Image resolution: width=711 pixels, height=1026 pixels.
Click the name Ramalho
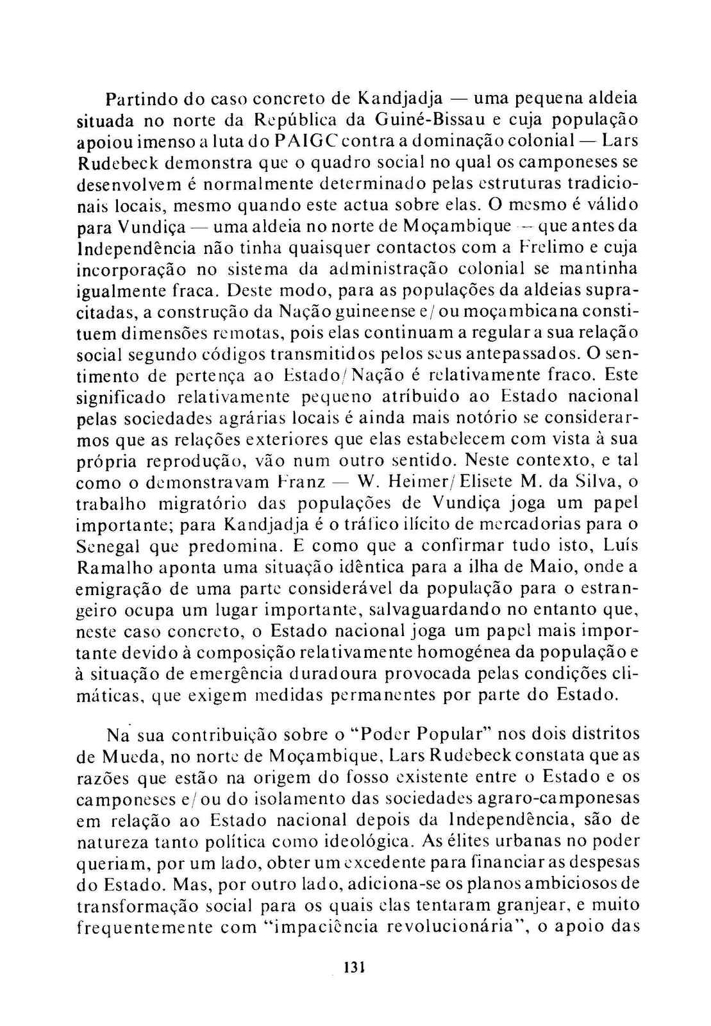click(x=112, y=568)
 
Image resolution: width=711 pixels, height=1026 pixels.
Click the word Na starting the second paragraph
click(x=116, y=735)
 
